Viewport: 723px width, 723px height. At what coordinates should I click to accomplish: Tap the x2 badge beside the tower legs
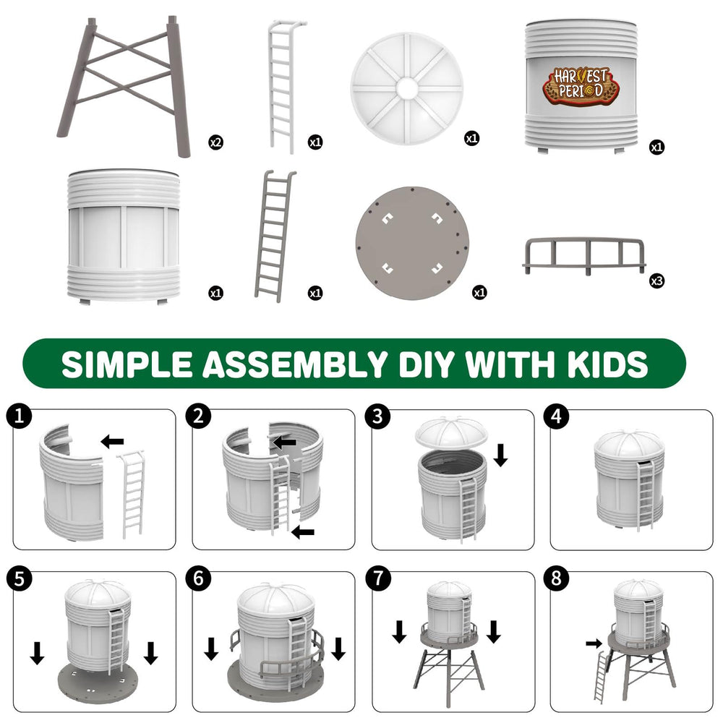click(215, 142)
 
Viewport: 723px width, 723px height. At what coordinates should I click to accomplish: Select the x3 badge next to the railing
click(656, 281)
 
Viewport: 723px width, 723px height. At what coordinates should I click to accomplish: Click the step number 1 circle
click(19, 416)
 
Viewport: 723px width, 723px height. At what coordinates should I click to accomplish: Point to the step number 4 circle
click(557, 416)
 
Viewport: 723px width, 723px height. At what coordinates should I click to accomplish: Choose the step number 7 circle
click(377, 578)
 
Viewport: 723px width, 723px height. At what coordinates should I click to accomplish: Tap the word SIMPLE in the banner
click(127, 364)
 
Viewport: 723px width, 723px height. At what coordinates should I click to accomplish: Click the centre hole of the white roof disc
click(406, 87)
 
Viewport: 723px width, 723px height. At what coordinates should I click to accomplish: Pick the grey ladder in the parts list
click(275, 236)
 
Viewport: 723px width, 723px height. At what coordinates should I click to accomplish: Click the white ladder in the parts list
click(286, 86)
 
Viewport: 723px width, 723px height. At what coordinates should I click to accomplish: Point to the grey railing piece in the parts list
click(584, 256)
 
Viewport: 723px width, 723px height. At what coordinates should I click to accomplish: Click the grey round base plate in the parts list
click(412, 243)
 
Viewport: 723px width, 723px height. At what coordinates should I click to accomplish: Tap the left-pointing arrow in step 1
click(112, 441)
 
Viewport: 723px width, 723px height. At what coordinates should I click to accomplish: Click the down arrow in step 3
click(500, 455)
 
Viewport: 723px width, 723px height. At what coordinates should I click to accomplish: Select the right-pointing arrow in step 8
click(594, 643)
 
